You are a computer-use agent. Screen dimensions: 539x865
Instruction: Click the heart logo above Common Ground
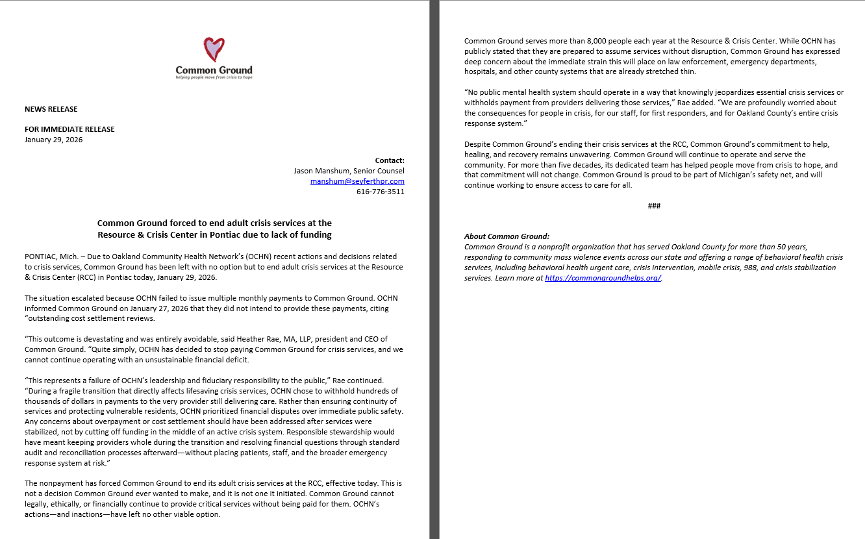pos(214,49)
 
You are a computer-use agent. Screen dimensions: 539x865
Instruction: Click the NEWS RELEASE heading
pos(51,109)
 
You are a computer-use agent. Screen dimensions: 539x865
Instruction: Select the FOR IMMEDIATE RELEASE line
pos(69,129)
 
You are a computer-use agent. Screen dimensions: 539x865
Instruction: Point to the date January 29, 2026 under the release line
pos(54,140)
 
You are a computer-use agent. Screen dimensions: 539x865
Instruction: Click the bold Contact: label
pos(390,160)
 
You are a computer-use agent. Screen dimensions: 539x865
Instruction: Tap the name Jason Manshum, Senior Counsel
pos(349,171)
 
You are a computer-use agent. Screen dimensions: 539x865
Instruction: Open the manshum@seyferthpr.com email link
pos(357,181)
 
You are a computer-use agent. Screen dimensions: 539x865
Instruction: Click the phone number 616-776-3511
pos(380,192)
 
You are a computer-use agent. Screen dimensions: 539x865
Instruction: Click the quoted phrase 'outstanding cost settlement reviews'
pos(92,318)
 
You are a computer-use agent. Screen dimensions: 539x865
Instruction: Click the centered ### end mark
pos(654,206)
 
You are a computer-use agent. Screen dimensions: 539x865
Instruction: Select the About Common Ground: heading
pos(507,236)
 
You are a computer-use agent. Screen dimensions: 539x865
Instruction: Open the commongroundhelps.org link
pos(603,278)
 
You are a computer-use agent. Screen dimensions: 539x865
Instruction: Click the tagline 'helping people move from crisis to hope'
pos(214,77)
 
